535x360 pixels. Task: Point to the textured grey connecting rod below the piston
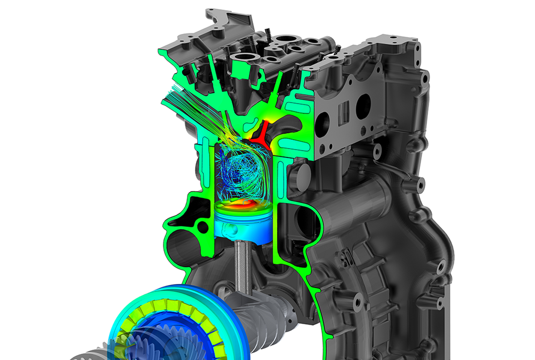(x=242, y=267)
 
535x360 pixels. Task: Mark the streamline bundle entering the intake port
(x=184, y=104)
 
